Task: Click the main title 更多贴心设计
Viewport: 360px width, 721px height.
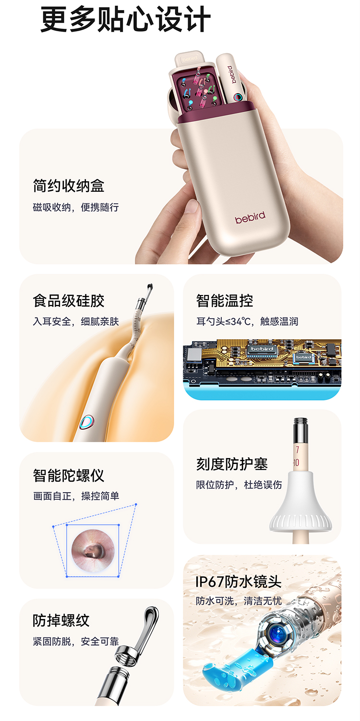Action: pyautogui.click(x=126, y=20)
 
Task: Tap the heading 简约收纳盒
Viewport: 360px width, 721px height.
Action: pyautogui.click(x=69, y=186)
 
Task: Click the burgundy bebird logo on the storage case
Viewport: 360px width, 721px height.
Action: pyautogui.click(x=250, y=218)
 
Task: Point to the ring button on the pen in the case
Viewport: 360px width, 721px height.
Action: pyautogui.click(x=238, y=97)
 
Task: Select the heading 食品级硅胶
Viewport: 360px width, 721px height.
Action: pyautogui.click(x=69, y=301)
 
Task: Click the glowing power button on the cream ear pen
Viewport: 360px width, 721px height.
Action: pyautogui.click(x=87, y=422)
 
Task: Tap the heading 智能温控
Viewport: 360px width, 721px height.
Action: pyautogui.click(x=225, y=301)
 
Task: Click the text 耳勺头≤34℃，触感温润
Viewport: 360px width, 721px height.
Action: pyautogui.click(x=247, y=321)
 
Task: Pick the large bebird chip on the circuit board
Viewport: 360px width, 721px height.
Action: pyautogui.click(x=262, y=350)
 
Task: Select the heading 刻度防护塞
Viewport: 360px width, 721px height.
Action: pyautogui.click(x=232, y=464)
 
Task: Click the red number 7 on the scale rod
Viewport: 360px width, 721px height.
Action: pyautogui.click(x=297, y=449)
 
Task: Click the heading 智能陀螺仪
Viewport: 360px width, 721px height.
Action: pyautogui.click(x=69, y=475)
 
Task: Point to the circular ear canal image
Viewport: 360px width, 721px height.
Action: pyautogui.click(x=93, y=550)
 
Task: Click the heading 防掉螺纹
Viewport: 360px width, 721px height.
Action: pyautogui.click(x=61, y=620)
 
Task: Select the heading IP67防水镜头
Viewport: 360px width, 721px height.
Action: pyautogui.click(x=238, y=581)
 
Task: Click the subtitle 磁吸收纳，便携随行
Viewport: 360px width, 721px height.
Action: pyautogui.click(x=76, y=207)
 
